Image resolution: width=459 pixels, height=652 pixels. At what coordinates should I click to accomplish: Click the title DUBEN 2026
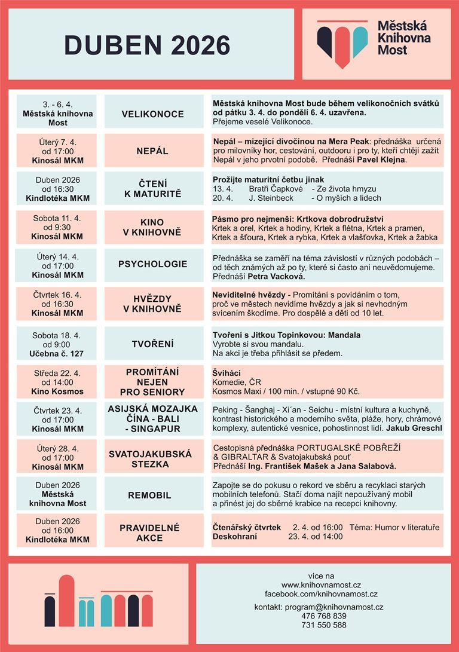147,46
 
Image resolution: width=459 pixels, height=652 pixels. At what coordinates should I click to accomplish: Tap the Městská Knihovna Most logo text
401,38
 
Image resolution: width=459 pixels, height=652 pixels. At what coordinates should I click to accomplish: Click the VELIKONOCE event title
153,114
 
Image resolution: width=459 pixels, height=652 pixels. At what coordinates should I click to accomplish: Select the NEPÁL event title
153,151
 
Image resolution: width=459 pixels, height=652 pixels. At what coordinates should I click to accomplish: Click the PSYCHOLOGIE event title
153,264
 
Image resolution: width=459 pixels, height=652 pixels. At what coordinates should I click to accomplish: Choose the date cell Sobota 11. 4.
57,218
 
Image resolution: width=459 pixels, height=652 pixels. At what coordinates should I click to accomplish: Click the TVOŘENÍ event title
153,344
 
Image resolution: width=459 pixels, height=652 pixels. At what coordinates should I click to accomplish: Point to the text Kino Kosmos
57,391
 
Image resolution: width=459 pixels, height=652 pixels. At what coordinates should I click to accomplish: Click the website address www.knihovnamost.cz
322,585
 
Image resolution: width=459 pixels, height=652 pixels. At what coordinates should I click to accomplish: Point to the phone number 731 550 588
324,625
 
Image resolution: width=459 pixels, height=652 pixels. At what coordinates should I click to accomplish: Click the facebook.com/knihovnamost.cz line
322,594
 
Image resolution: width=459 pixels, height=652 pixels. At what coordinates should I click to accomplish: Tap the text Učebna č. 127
57,353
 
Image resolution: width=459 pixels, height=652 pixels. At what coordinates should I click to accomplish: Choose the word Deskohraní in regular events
235,536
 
